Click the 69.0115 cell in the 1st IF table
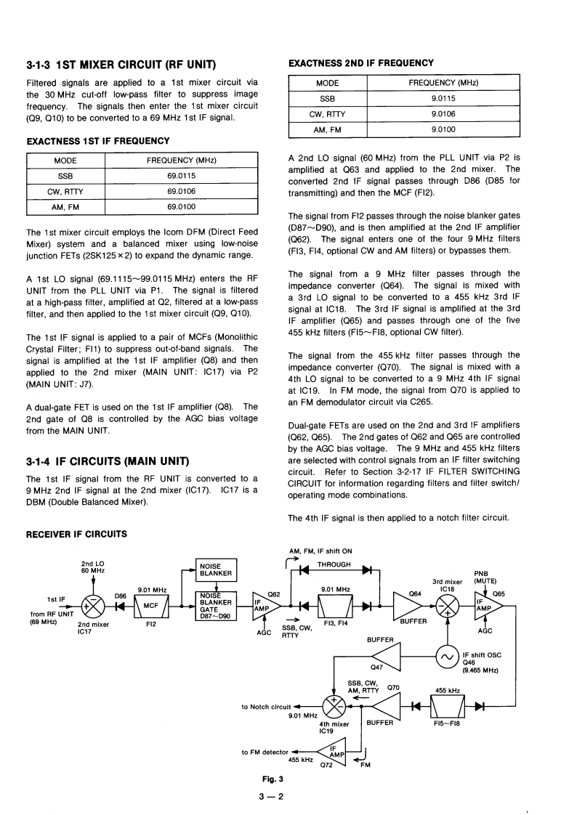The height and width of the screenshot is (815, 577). pyautogui.click(x=182, y=176)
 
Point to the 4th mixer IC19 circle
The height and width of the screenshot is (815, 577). pyautogui.click(x=334, y=705)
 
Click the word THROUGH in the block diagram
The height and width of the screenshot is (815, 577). pyautogui.click(x=335, y=564)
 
